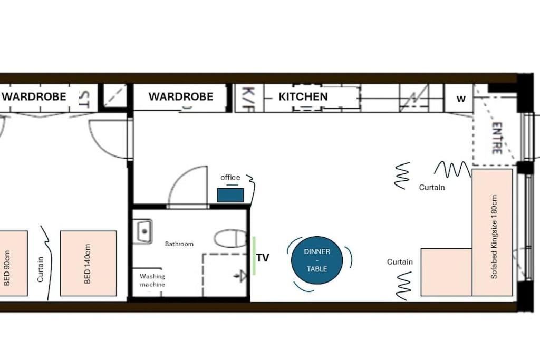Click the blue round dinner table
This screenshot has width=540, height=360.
(317, 260)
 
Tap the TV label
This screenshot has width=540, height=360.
(263, 258)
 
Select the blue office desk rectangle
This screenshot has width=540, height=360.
(230, 195)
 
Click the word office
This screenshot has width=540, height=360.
(230, 178)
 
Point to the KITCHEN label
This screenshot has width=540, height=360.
(303, 96)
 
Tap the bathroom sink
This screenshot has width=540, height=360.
(143, 231)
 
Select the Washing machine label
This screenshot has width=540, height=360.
(152, 280)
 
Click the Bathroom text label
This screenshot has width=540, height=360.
(179, 244)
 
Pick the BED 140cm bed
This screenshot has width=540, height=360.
(89, 264)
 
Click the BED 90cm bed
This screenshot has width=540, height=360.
(13, 264)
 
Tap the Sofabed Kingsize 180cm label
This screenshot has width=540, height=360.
(494, 237)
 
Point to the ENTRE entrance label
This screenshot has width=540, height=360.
(497, 138)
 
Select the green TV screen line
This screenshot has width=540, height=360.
(254, 256)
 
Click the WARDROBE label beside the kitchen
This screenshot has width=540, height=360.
(181, 96)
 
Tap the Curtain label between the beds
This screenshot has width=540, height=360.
(40, 269)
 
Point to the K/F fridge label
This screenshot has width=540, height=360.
(248, 99)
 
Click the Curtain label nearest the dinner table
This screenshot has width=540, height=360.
(400, 262)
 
